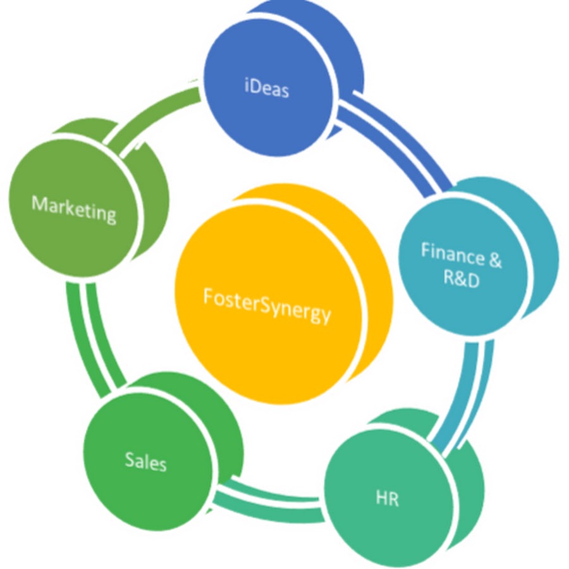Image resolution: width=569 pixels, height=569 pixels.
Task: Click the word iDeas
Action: (x=266, y=88)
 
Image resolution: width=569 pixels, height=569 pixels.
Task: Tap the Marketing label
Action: (x=74, y=208)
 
